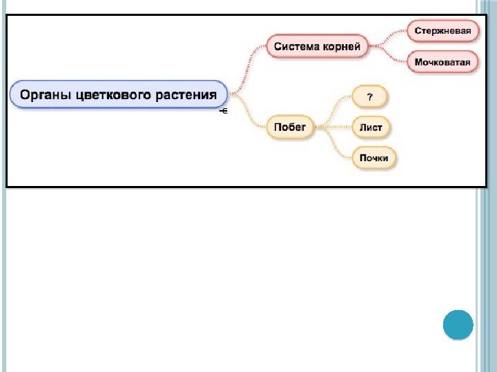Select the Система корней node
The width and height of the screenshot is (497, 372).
(317, 47)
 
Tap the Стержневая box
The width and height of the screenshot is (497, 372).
(443, 30)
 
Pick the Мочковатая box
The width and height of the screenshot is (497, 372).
(443, 63)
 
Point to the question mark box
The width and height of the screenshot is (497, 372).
(370, 97)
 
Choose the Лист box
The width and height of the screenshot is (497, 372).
(371, 127)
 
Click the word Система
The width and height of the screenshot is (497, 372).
(297, 47)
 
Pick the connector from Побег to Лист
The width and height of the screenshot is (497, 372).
(333, 127)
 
